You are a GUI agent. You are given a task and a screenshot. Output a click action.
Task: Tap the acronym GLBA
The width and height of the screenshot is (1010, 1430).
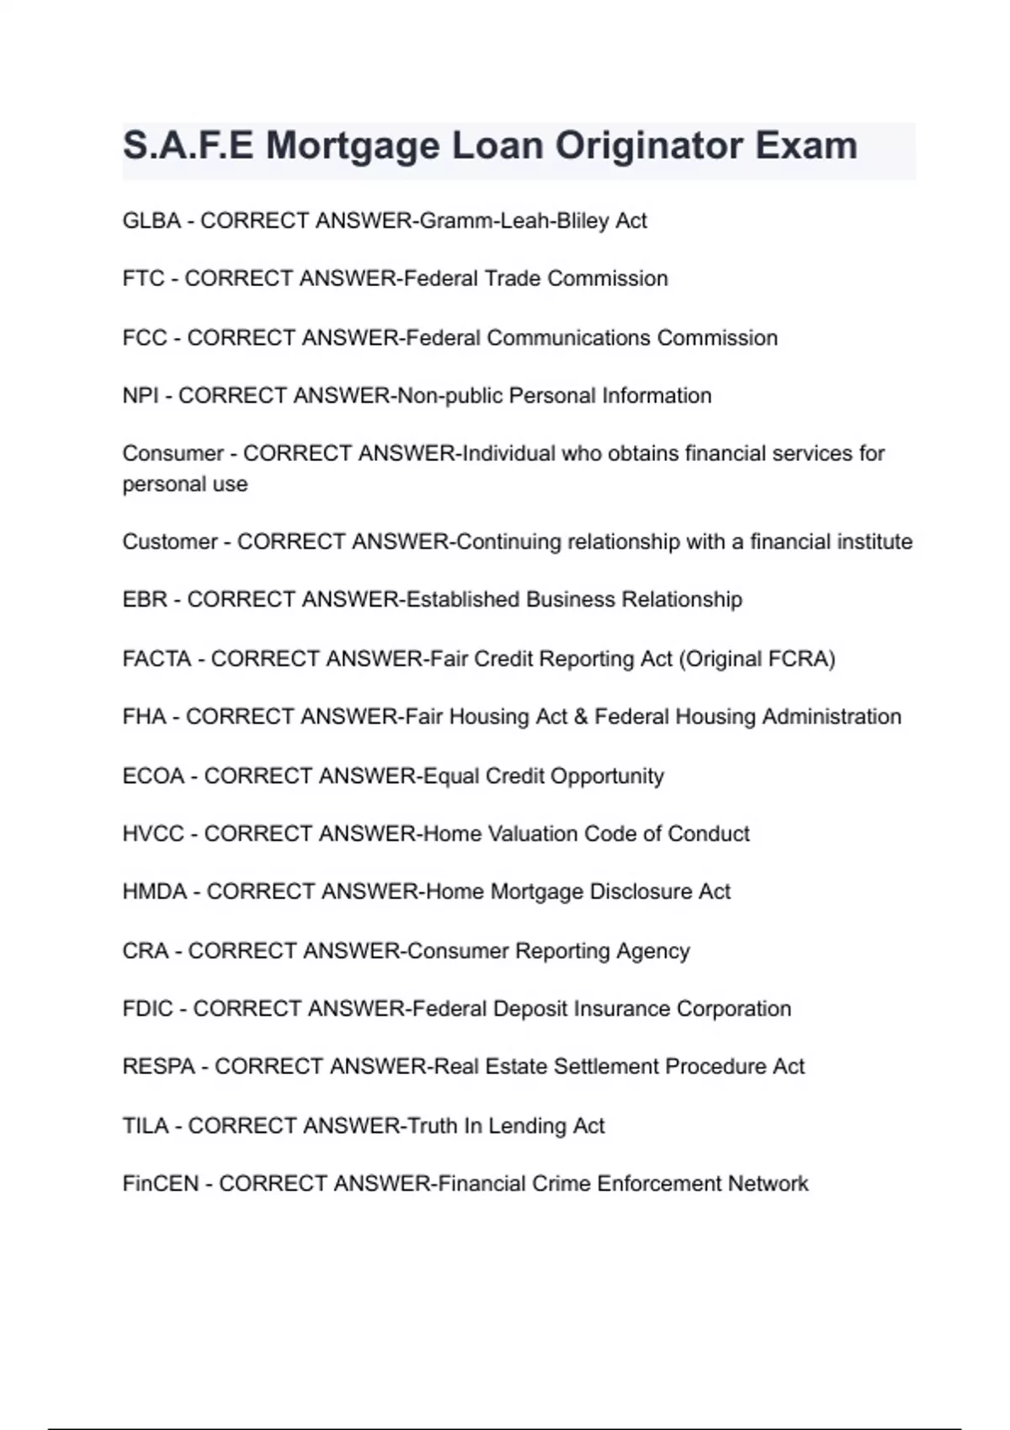[x=151, y=221]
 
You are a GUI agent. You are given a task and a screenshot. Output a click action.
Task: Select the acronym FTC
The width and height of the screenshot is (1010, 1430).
[x=143, y=279]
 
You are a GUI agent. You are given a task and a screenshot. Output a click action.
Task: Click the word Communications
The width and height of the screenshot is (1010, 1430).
[x=568, y=338]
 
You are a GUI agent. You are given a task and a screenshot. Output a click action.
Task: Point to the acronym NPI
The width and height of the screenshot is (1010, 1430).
[x=140, y=396]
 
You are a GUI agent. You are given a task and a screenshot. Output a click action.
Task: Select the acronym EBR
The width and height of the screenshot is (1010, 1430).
[x=145, y=600]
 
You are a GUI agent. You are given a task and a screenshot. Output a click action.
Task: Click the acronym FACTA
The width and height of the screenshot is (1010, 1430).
[x=157, y=659]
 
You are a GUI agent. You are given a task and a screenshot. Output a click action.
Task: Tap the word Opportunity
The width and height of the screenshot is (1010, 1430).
[x=607, y=776]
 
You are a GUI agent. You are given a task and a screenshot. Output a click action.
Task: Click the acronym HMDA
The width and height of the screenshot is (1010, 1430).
[x=155, y=892]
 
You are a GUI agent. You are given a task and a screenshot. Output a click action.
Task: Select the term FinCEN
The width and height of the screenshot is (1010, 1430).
[x=161, y=1184]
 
